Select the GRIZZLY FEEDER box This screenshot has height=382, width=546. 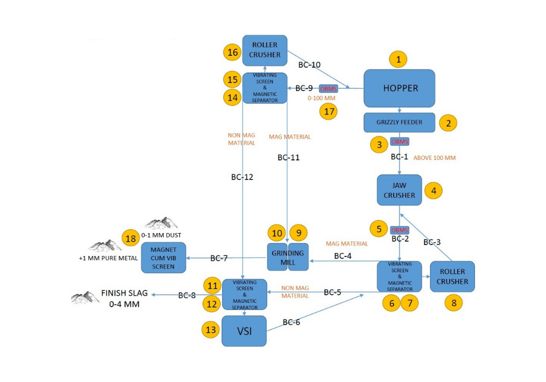click(x=399, y=122)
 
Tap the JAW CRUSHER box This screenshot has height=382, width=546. click(x=399, y=190)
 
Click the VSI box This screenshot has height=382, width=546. click(x=244, y=331)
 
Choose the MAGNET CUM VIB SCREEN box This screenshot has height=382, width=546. click(x=163, y=258)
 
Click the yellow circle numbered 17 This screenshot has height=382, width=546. click(x=329, y=111)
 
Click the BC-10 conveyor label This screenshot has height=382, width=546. click(x=309, y=64)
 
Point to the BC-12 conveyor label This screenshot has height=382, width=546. click(x=242, y=177)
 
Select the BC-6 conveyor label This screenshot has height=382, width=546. click(x=291, y=322)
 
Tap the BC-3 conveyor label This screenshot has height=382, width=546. click(x=432, y=242)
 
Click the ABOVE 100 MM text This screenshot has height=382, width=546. click(x=435, y=158)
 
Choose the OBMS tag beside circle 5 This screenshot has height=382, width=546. click(x=400, y=230)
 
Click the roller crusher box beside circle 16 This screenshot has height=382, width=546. click(x=265, y=50)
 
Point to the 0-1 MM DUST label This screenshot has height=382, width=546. click(x=161, y=235)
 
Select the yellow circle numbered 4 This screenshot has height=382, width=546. click(x=434, y=190)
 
